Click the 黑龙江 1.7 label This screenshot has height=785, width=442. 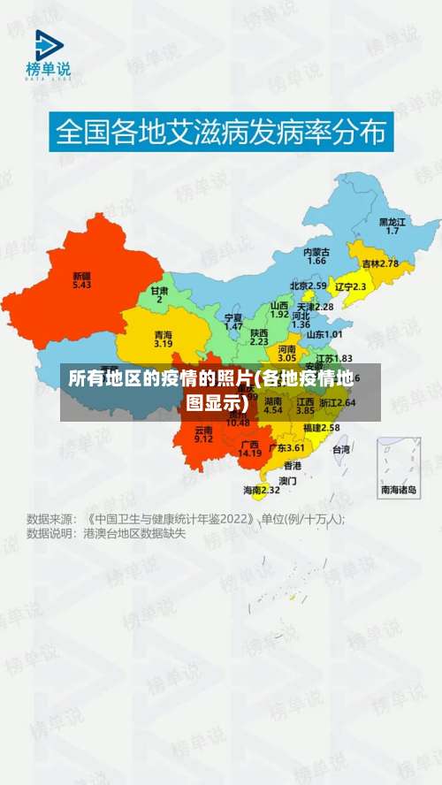(392, 225)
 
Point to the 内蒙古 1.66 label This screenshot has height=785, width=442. (316, 255)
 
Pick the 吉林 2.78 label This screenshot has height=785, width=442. (380, 263)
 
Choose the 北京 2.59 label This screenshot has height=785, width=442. (309, 286)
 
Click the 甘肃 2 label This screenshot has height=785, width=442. (159, 294)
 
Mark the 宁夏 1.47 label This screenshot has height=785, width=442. (233, 321)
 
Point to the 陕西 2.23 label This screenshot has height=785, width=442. (259, 335)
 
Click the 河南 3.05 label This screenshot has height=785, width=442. (287, 353)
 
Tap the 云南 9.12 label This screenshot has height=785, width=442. (203, 433)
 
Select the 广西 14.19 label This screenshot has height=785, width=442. (249, 448)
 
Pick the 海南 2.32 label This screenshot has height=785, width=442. (262, 489)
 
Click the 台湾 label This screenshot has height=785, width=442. (340, 449)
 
